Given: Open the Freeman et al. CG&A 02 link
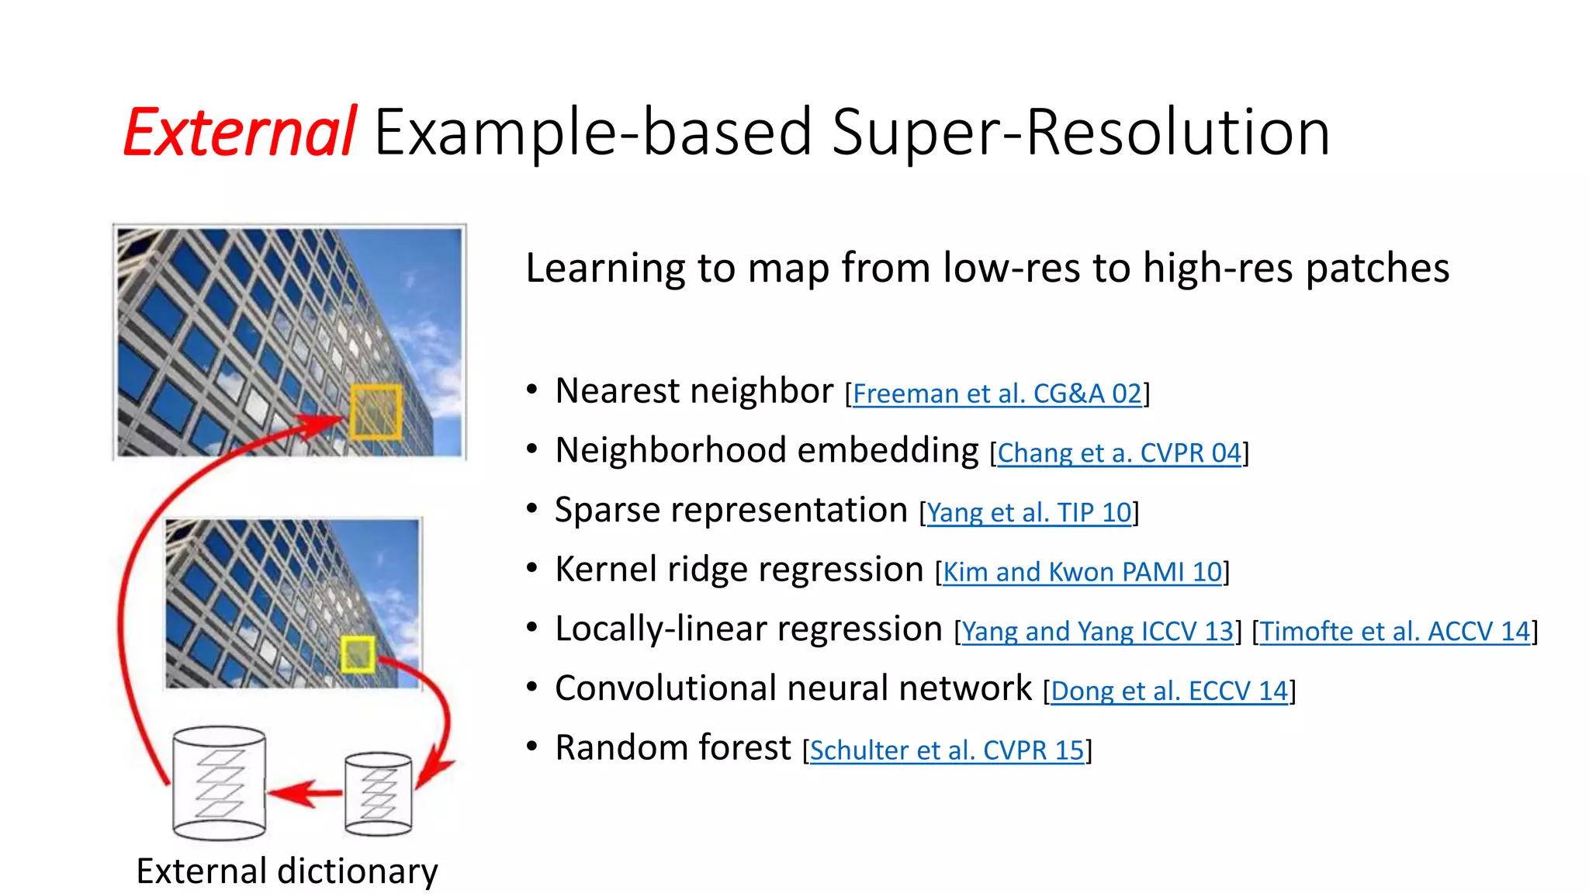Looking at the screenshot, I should point(997,394).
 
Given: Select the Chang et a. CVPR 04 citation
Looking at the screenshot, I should point(1119,453).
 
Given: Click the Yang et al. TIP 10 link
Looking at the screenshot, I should point(1029,513).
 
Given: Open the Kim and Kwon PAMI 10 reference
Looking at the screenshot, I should point(1082,573).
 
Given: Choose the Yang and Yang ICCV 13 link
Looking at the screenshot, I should point(1097,632).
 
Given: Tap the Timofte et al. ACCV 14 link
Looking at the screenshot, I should point(1395,632).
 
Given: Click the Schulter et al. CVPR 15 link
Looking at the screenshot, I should point(947,750).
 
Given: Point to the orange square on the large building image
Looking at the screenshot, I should point(376,412).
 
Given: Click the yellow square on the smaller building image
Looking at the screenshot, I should point(358,654).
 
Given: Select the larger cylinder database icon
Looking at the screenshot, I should point(219,783).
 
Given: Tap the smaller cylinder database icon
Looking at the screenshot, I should point(378,793).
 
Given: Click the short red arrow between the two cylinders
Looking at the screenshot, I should point(306,793).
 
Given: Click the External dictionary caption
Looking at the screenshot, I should point(286,871).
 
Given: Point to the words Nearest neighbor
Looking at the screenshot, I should point(694,391).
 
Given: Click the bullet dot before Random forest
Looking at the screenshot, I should point(531,747).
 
